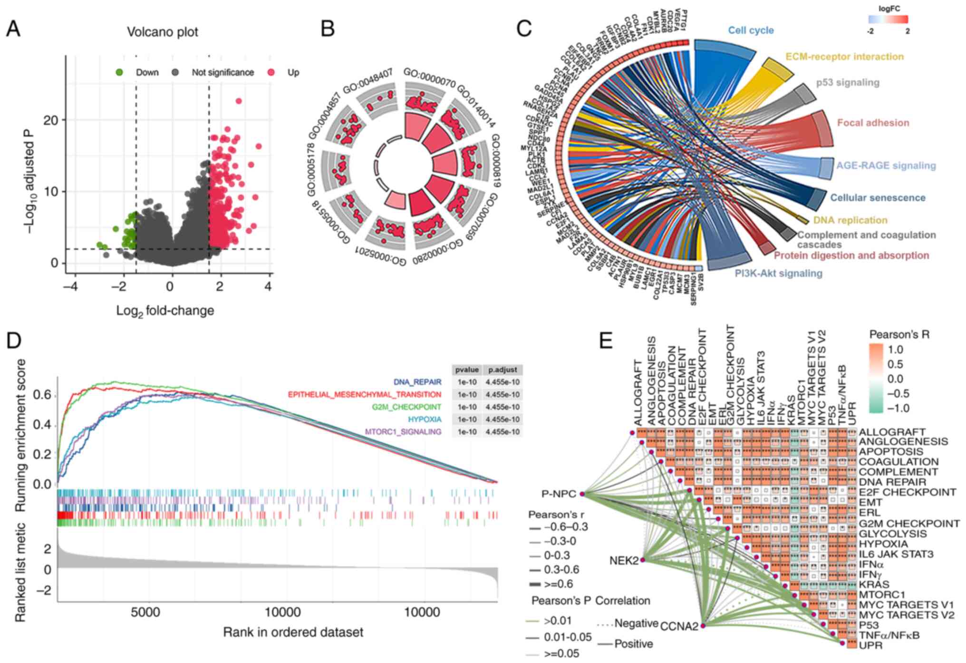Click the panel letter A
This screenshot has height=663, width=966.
(13, 29)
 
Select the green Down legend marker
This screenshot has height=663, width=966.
(119, 72)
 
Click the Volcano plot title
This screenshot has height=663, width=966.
(162, 32)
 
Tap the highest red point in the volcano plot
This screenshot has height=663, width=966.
(239, 101)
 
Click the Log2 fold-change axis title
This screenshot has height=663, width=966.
(165, 311)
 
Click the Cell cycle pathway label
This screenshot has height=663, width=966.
(751, 30)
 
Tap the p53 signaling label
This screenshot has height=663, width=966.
(848, 82)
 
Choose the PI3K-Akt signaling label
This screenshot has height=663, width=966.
(778, 273)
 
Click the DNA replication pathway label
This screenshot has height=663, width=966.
(850, 220)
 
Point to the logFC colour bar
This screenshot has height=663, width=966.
(888, 19)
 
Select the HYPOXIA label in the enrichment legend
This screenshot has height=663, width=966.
(425, 419)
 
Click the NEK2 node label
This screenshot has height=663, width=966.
(623, 561)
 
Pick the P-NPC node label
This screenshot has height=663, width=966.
(558, 494)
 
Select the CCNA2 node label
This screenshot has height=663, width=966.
(678, 626)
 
